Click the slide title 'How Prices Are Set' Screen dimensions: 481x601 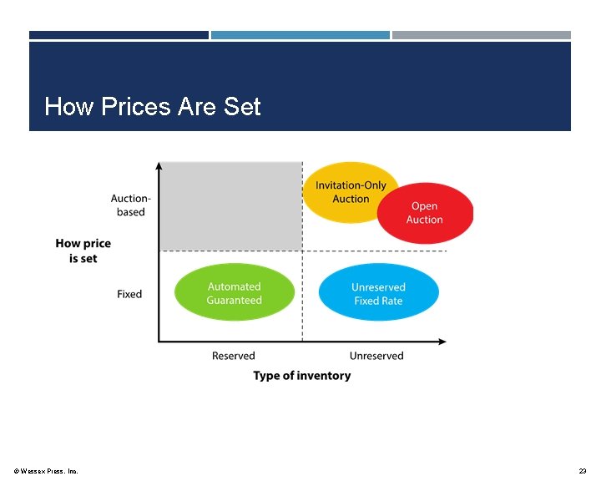(x=153, y=107)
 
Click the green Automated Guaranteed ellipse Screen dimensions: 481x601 (x=235, y=293)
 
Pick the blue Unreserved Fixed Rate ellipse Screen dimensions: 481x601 (x=378, y=293)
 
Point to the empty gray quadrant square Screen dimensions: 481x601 (x=230, y=205)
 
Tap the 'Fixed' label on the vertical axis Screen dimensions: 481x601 (x=129, y=294)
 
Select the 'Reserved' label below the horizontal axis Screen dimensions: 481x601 (x=233, y=356)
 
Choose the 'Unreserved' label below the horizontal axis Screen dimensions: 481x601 (x=376, y=356)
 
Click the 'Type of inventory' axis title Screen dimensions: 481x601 (x=302, y=376)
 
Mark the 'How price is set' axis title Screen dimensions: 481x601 (x=83, y=251)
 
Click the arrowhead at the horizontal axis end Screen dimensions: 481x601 (x=442, y=341)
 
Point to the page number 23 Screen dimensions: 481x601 (x=582, y=472)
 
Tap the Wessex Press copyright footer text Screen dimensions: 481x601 (x=47, y=472)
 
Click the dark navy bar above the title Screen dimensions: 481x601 (x=119, y=35)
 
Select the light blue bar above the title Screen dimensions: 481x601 (x=300, y=35)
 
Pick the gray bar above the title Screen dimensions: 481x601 (x=482, y=35)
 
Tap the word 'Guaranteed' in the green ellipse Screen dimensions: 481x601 (x=235, y=301)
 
